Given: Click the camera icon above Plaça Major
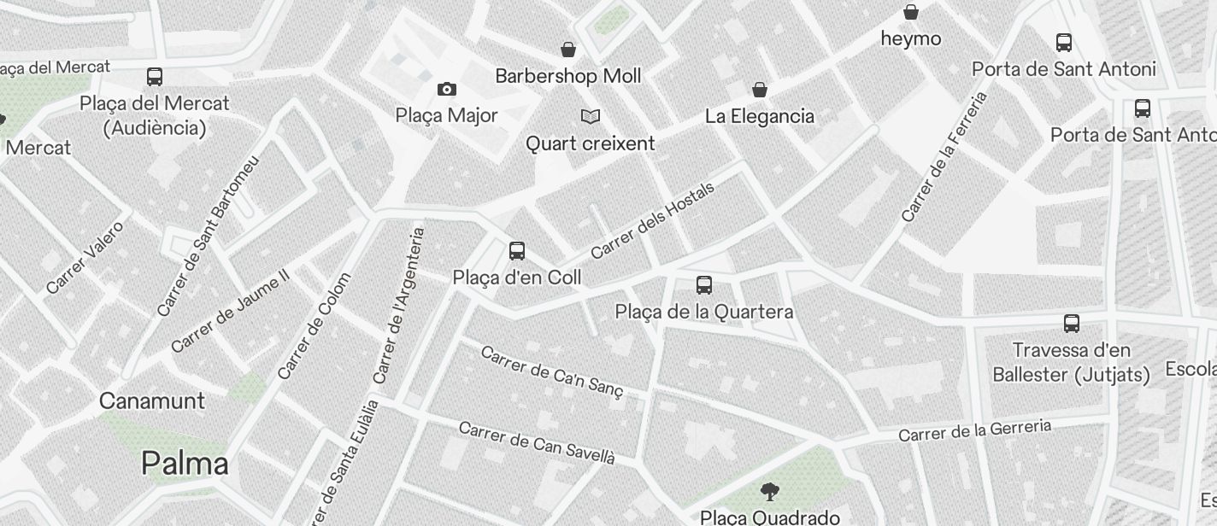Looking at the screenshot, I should [446, 90].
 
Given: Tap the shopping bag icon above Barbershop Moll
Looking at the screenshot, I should [568, 50].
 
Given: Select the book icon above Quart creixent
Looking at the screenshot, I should [590, 116].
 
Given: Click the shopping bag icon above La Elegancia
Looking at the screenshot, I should [759, 90].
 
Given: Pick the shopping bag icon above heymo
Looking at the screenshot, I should [911, 13].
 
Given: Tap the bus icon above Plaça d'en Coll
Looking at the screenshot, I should [517, 251].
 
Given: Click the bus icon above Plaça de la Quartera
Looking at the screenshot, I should [704, 285].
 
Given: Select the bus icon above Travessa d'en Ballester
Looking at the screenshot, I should [1072, 324].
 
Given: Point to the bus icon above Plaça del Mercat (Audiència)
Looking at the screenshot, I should [155, 77].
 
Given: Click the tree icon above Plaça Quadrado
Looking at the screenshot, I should [769, 491].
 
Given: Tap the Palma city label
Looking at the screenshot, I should [185, 464].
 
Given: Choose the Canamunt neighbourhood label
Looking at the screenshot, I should [152, 400].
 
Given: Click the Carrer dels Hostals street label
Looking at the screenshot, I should [652, 220].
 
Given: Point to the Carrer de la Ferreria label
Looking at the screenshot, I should [944, 157].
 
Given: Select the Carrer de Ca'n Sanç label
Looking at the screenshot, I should [552, 371].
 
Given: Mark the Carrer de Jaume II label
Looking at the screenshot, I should [231, 311].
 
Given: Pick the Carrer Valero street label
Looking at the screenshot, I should [85, 257].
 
